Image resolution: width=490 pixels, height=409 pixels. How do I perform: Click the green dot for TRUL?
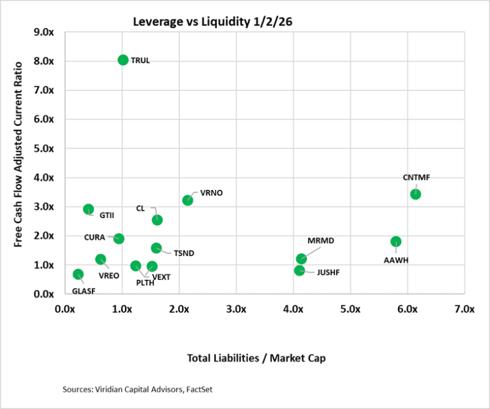[x=123, y=60]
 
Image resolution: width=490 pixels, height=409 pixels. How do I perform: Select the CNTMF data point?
[x=415, y=194]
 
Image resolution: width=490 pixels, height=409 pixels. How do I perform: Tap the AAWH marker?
[x=396, y=242]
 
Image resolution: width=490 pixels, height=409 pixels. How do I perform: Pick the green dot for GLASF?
[x=78, y=274]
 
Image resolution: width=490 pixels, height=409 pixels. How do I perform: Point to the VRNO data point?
[x=187, y=200]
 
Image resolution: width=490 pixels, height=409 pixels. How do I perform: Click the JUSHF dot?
[x=299, y=270]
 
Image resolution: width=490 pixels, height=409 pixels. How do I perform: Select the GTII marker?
[x=88, y=209]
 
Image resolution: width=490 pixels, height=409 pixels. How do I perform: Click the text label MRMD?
[x=320, y=241]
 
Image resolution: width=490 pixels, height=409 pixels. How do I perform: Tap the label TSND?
[x=184, y=253]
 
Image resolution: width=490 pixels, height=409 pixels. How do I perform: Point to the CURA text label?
[x=95, y=237]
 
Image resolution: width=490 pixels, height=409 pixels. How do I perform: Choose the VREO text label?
[x=109, y=276]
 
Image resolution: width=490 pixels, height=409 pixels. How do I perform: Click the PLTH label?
[x=145, y=283]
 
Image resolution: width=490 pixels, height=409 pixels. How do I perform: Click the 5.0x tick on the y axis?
[x=47, y=148]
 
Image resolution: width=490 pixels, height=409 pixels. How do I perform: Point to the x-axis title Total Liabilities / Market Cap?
[x=264, y=358]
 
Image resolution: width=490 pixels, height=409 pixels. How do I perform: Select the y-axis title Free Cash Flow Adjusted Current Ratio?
[x=18, y=154]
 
